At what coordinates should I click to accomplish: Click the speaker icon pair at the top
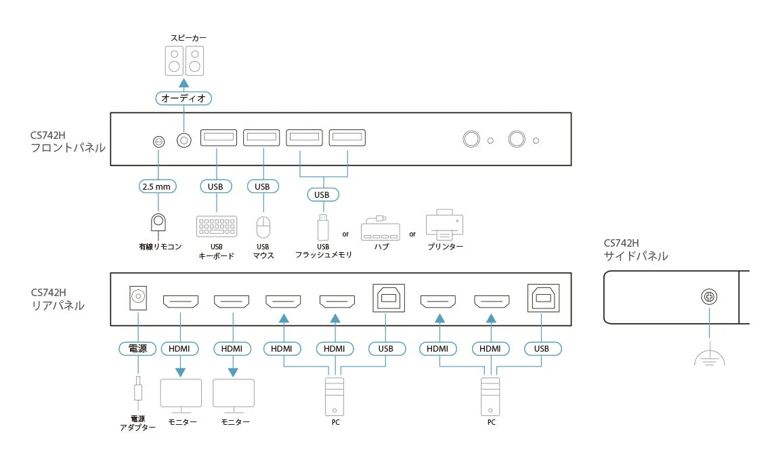[184, 60]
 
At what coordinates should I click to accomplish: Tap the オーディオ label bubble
[184, 98]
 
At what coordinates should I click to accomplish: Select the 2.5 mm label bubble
[158, 186]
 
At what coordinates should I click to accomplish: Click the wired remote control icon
[158, 224]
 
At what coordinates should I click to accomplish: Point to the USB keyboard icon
[217, 226]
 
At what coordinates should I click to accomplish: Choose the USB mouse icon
[263, 226]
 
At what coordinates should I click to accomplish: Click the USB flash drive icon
[323, 226]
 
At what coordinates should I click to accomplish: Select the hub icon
[381, 228]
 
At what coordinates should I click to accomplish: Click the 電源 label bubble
[138, 349]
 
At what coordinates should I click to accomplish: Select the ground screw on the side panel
[709, 297]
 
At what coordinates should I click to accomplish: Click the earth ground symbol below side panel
[709, 358]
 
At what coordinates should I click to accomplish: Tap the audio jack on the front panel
[184, 140]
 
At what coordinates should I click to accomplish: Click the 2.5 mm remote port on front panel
[158, 142]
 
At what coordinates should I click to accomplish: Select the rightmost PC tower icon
[491, 396]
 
